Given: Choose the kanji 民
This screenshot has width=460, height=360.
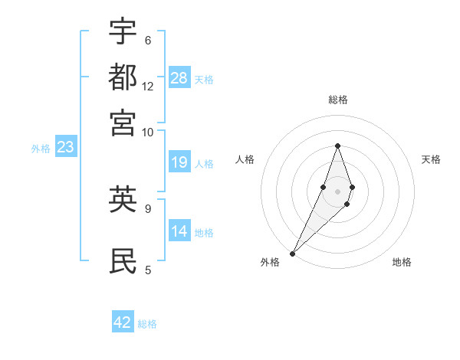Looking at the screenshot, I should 123,260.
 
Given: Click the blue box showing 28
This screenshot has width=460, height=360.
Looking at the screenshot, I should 179,78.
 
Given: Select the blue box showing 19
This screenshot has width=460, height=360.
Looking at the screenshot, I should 179,162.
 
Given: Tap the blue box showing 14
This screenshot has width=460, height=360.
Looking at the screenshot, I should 179,231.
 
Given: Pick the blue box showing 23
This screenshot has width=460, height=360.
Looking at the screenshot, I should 65,147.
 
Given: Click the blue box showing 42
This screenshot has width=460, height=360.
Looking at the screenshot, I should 123,322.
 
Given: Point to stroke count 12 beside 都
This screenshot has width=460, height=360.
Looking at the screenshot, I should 148,86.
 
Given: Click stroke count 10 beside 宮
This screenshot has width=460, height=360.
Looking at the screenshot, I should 148,132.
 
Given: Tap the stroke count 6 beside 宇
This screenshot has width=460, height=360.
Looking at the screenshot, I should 147,40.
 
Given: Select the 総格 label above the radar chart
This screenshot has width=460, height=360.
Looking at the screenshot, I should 337,100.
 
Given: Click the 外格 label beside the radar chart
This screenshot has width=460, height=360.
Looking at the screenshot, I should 270,262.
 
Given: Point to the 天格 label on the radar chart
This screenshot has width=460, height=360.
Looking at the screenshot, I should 431,159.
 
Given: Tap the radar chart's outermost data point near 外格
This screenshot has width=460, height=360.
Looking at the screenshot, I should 293,253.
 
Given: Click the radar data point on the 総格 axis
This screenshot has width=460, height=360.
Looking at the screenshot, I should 337,146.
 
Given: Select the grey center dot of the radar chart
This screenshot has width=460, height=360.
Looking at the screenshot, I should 337,191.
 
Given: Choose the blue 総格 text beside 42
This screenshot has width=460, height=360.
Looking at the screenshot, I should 147,324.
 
